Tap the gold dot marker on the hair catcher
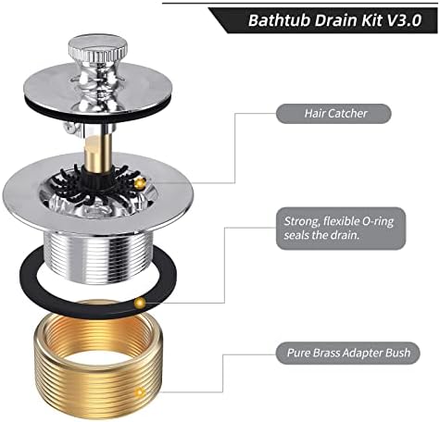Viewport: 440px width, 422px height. pyautogui.click(x=139, y=184)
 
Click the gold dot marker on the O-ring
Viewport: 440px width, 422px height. pyautogui.click(x=140, y=303)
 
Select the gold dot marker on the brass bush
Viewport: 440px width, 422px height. pyautogui.click(x=140, y=391)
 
